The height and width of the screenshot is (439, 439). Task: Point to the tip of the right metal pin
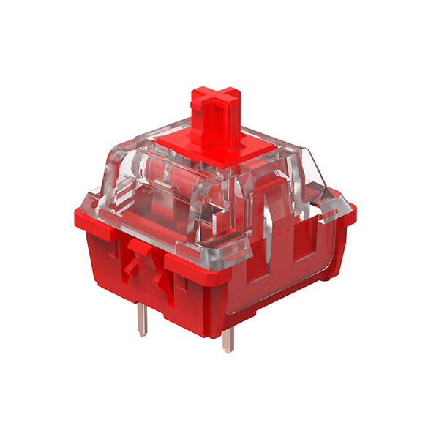click(x=228, y=350)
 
